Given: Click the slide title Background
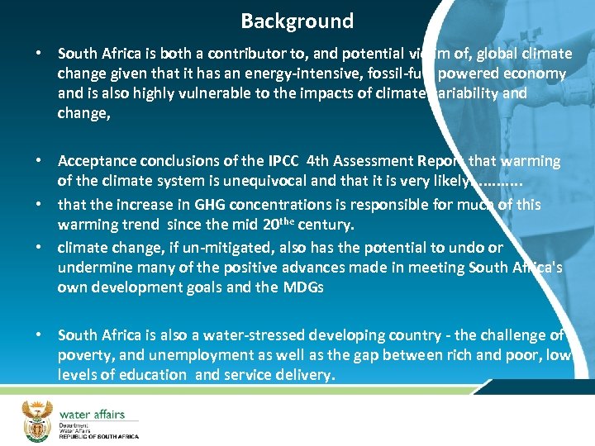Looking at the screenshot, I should (297, 21).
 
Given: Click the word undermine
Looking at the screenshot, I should (92, 268).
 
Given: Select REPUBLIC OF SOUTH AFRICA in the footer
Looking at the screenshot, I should (98, 435).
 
